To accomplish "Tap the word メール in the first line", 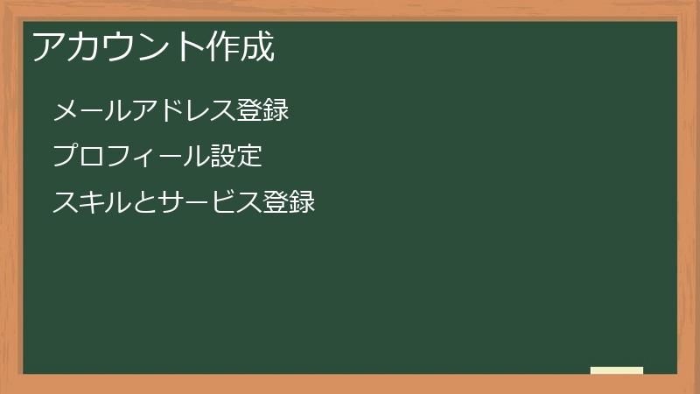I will click(92, 111).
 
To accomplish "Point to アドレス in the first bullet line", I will click(184, 111).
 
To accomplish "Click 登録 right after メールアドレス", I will click(262, 111).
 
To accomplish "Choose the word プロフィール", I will click(131, 158).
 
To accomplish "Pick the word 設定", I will click(236, 158).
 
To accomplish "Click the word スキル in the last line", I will click(92, 203).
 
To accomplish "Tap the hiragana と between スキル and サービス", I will click(144, 203).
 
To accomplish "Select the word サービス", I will click(210, 203).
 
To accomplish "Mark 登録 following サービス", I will click(289, 203).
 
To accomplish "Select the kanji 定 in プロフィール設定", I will click(249, 158).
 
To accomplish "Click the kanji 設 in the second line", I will click(223, 158).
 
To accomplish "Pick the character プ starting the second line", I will click(66, 158).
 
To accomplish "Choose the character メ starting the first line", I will click(66, 111).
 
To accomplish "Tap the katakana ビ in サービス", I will click(223, 203).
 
